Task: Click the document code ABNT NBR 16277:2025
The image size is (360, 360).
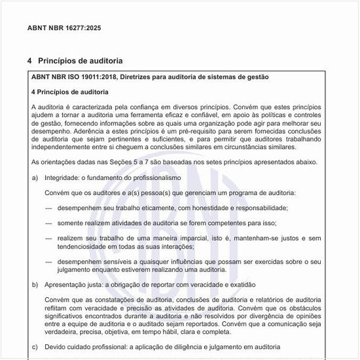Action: coord(64,29)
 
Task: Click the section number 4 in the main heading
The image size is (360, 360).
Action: coord(29,61)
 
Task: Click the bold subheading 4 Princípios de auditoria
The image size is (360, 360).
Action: coord(69,92)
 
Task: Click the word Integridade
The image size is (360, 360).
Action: coord(61,177)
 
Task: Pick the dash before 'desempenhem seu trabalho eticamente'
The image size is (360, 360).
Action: coord(48,208)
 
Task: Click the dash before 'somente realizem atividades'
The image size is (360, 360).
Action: coord(48,223)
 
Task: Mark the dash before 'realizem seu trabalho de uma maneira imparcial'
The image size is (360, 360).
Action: coord(48,238)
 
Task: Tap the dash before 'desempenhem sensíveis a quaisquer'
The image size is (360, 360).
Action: coord(48,261)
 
